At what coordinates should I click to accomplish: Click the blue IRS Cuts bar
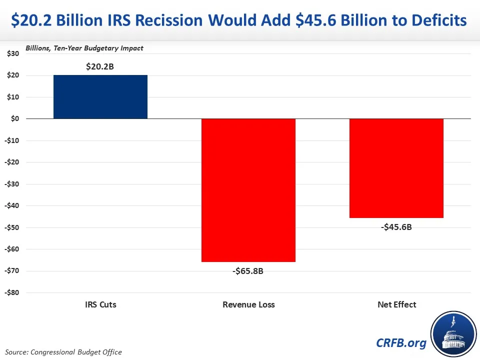[100, 97]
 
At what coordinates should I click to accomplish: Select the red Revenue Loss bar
[248, 190]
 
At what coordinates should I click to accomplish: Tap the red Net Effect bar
[396, 168]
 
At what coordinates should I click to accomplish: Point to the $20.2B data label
[100, 66]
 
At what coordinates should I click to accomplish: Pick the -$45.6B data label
[396, 227]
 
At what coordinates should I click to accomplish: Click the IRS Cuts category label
[100, 304]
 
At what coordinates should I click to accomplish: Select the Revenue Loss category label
[248, 304]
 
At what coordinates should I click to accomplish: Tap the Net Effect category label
[397, 304]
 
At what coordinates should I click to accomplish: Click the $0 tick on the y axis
[14, 119]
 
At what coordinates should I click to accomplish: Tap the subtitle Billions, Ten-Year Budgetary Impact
[84, 48]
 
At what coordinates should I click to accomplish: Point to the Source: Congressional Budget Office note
[64, 352]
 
